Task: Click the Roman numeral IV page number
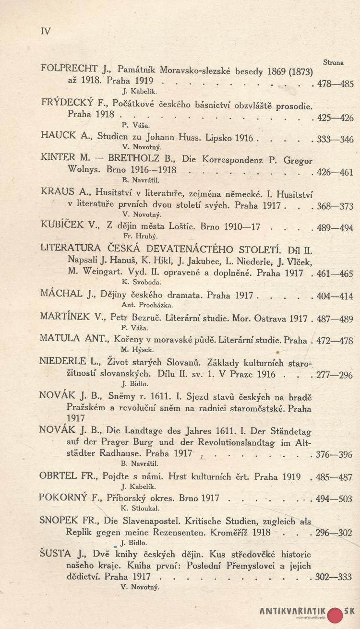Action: pyautogui.click(x=46, y=32)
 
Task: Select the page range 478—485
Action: pyautogui.click(x=336, y=83)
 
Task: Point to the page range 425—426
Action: pyautogui.click(x=336, y=118)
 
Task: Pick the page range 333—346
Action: pyautogui.click(x=335, y=140)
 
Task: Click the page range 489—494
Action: pyautogui.click(x=335, y=228)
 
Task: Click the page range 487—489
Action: pyautogui.click(x=336, y=319)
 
